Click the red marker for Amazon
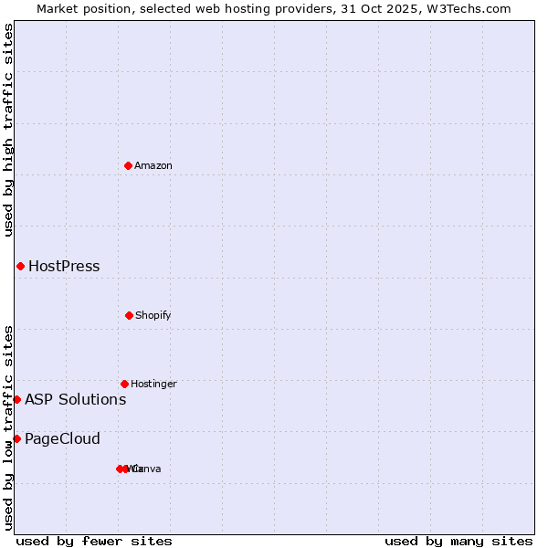click(x=129, y=165)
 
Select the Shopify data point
click(x=129, y=315)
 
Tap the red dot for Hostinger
click(x=124, y=384)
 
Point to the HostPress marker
click(x=20, y=266)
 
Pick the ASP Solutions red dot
click(x=16, y=399)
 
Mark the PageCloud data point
click(x=16, y=438)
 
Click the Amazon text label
click(x=153, y=165)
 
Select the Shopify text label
click(x=153, y=315)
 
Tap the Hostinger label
click(x=153, y=384)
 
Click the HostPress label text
click(x=64, y=267)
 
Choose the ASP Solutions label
click(x=75, y=399)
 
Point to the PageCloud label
click(x=62, y=439)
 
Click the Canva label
click(x=148, y=469)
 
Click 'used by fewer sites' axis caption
click(x=94, y=541)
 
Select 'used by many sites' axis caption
click(x=458, y=541)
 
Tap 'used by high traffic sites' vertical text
click(x=8, y=130)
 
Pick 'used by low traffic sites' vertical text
click(x=8, y=427)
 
